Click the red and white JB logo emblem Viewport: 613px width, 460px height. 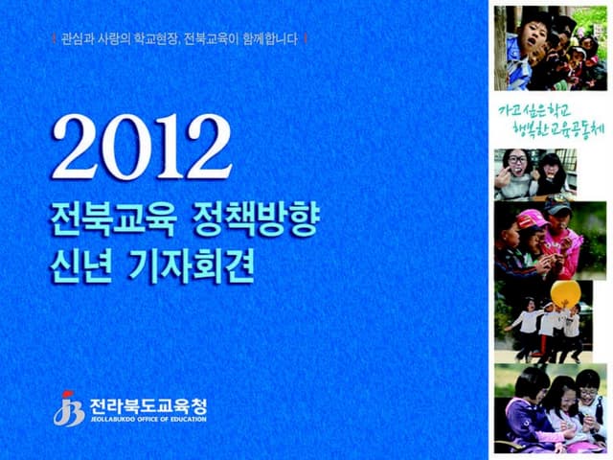[x=67, y=407]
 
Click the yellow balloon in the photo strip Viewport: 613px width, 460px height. [x=564, y=292]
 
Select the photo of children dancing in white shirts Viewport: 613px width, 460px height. [x=546, y=326]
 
